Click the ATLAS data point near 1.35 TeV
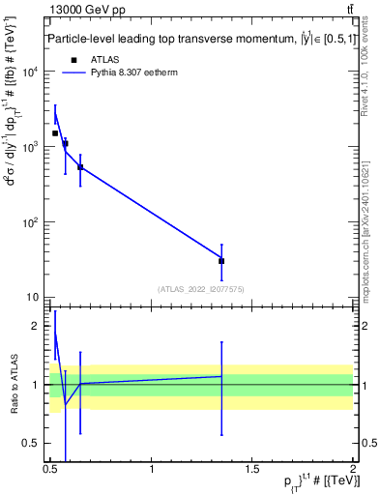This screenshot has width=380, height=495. click(x=221, y=260)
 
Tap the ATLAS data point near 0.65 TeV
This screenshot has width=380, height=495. click(x=80, y=167)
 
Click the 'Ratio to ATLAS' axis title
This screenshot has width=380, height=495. click(x=13, y=384)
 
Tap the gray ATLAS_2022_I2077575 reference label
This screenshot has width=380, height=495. click(x=201, y=288)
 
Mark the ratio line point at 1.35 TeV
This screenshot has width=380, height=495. click(x=221, y=376)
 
